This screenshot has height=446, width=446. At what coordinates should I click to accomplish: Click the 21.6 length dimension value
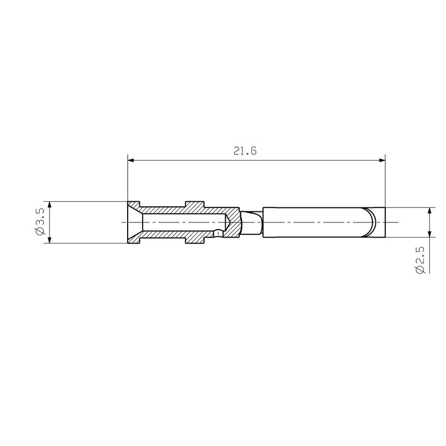tap(245, 151)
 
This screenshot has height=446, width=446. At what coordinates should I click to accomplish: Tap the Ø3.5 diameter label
tap(40, 222)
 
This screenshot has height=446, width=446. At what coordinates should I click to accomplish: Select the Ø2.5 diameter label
tap(420, 260)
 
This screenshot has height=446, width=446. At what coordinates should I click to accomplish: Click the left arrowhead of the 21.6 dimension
tap(131, 161)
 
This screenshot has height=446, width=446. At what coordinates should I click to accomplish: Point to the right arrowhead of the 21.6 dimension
tap(382, 161)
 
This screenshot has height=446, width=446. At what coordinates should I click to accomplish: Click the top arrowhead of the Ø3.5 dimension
tap(50, 205)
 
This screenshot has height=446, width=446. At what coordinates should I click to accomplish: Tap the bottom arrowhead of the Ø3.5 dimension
tap(50, 240)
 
